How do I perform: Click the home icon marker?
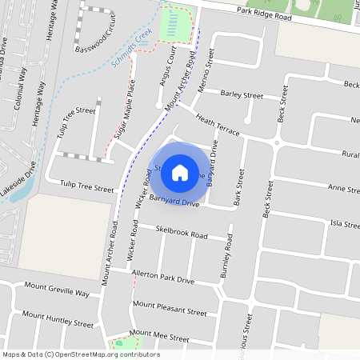coord(180,172)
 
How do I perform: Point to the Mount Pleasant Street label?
coord(170,307)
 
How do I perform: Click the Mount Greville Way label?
coord(56,289)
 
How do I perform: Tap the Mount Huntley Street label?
coord(58,318)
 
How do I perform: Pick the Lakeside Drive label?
coord(18,182)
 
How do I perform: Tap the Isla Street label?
coord(346,225)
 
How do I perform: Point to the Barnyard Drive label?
coord(171,202)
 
